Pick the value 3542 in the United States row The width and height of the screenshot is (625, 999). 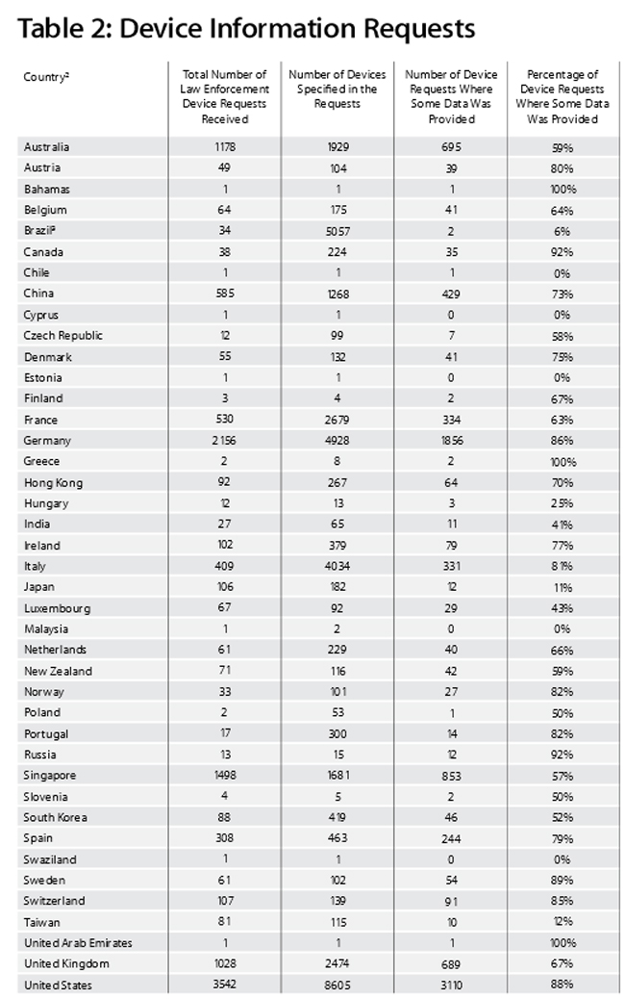(225, 984)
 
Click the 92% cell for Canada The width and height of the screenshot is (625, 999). (562, 252)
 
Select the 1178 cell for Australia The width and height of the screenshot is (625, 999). (225, 147)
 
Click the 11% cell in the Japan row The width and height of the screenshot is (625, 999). (562, 587)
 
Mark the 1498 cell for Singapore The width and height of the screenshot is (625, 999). (225, 776)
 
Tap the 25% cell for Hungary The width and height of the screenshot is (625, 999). (562, 503)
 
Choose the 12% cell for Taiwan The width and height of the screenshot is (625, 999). (562, 922)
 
